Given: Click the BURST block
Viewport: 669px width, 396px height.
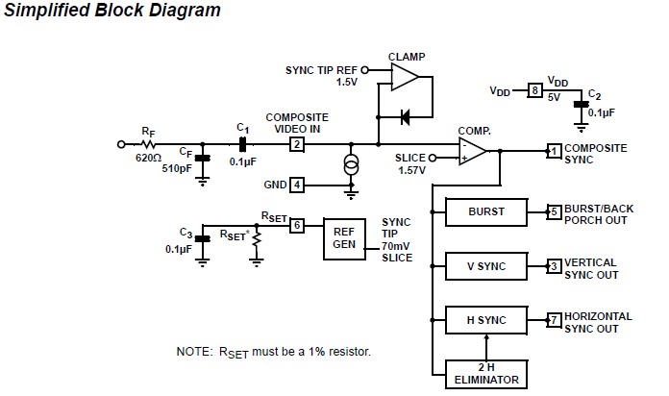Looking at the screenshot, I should [485, 211].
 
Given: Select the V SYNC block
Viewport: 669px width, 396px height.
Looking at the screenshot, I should [485, 265].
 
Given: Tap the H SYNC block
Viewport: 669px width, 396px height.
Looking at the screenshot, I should [485, 319].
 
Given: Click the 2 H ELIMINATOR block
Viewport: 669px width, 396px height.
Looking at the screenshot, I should [485, 372].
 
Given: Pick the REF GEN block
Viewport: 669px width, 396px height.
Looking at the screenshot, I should [344, 236].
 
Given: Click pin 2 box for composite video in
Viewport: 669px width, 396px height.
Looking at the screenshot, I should [297, 144].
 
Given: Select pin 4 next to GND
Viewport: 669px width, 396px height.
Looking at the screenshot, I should [298, 184].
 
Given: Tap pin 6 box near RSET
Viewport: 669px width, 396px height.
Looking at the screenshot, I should [298, 224].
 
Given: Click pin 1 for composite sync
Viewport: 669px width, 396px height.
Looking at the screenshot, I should [554, 151].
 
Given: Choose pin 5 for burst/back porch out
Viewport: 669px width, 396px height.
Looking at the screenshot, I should [554, 211].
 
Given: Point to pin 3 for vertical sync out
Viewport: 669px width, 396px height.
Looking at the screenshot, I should [554, 265].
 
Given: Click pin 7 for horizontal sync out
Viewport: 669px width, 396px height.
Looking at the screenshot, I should [554, 319].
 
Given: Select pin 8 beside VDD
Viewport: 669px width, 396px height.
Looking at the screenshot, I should [533, 90].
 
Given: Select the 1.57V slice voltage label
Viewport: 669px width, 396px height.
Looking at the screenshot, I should [412, 170].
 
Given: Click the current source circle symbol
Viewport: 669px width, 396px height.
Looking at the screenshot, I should [351, 164].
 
